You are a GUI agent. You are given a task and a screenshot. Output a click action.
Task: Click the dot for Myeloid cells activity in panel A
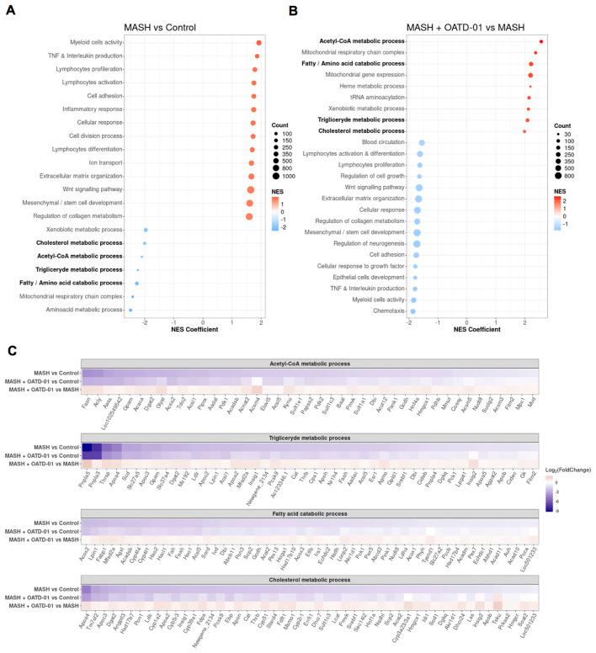(258, 42)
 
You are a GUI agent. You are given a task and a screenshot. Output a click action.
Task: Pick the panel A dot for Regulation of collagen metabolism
(249, 216)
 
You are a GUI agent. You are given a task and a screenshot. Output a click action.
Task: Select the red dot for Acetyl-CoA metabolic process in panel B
(540, 40)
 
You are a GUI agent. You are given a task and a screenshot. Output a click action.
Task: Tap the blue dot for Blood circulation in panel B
(422, 143)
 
